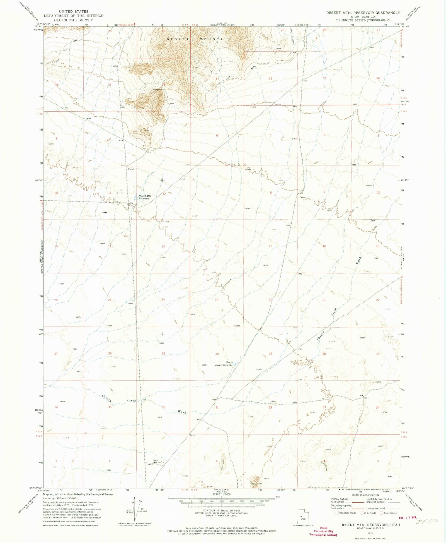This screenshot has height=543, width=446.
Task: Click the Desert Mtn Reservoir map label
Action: coord(145,197)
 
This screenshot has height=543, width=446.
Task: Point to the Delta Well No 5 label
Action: coord(158,461)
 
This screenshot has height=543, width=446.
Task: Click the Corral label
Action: coord(131,169)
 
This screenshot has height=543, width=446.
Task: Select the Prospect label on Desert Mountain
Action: coord(157,90)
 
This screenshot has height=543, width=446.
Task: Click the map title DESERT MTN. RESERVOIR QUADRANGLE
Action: coord(363,13)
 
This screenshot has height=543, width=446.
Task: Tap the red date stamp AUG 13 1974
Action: coord(408,518)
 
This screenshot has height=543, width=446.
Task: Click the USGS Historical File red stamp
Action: coord(323,531)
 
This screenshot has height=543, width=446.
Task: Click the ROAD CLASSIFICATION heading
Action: coord(365,495)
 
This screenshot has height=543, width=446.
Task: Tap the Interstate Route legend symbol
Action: coord(336,513)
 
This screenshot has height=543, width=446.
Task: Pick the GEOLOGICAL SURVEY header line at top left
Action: coord(74,20)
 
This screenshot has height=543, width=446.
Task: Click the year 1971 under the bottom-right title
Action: coord(370,533)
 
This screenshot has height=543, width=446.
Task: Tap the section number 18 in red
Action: coord(217,246)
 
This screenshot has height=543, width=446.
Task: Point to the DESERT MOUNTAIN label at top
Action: coord(198,39)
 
